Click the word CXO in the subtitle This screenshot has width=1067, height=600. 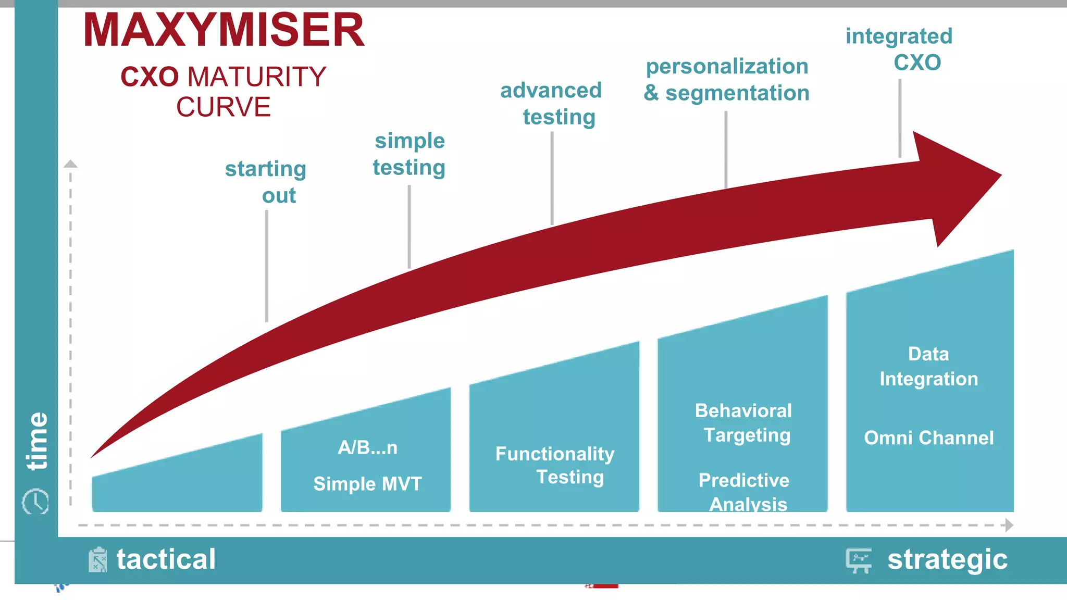[150, 77]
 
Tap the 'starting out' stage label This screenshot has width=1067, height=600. [266, 182]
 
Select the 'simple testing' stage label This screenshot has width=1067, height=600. [410, 154]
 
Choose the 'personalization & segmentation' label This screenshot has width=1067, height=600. [727, 80]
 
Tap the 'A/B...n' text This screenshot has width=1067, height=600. [368, 447]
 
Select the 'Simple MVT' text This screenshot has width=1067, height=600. [368, 484]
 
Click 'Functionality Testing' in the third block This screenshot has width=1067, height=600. [555, 465]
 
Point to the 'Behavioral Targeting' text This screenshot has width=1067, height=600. [744, 422]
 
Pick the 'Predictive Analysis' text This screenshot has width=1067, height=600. [745, 492]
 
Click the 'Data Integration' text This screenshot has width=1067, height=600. [929, 366]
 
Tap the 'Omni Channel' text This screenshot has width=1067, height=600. [929, 438]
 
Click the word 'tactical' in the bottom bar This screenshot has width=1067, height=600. [166, 559]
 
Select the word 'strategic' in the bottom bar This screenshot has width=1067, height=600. [947, 560]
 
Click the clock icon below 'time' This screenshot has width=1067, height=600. [35, 502]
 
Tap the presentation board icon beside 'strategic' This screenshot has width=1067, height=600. [859, 560]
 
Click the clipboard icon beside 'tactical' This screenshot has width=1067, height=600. [97, 560]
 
